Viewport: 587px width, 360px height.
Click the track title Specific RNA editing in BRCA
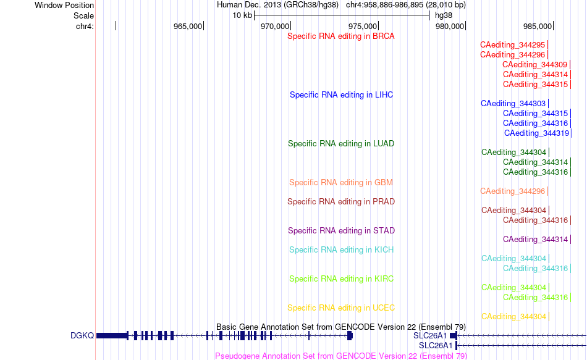click(x=341, y=36)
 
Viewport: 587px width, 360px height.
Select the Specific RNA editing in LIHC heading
click(x=342, y=95)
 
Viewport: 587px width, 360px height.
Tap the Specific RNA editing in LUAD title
click(x=341, y=144)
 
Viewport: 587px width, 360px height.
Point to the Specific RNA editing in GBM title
click(x=341, y=183)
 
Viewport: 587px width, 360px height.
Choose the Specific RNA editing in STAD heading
click(x=342, y=231)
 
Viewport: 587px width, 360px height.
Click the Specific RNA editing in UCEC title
click(x=341, y=308)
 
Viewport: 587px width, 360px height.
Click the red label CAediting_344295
click(x=512, y=45)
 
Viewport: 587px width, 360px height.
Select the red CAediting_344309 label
click(x=535, y=65)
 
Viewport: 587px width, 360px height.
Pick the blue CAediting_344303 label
click(x=513, y=104)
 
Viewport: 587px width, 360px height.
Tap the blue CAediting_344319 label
click(x=536, y=133)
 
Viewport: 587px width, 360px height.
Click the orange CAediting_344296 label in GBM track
click(x=512, y=191)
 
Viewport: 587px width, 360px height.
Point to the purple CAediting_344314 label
click(x=535, y=240)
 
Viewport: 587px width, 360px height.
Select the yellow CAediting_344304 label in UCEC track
click(x=513, y=317)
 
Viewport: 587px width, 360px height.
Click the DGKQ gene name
click(x=82, y=336)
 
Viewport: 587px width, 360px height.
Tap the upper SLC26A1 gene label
click(x=430, y=336)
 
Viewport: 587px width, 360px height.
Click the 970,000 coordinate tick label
click(x=275, y=26)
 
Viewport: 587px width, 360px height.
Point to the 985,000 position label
click(x=538, y=26)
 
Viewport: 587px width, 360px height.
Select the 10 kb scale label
click(x=242, y=15)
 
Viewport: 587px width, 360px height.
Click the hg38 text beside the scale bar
click(x=444, y=15)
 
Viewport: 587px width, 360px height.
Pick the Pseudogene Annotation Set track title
click(x=341, y=356)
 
